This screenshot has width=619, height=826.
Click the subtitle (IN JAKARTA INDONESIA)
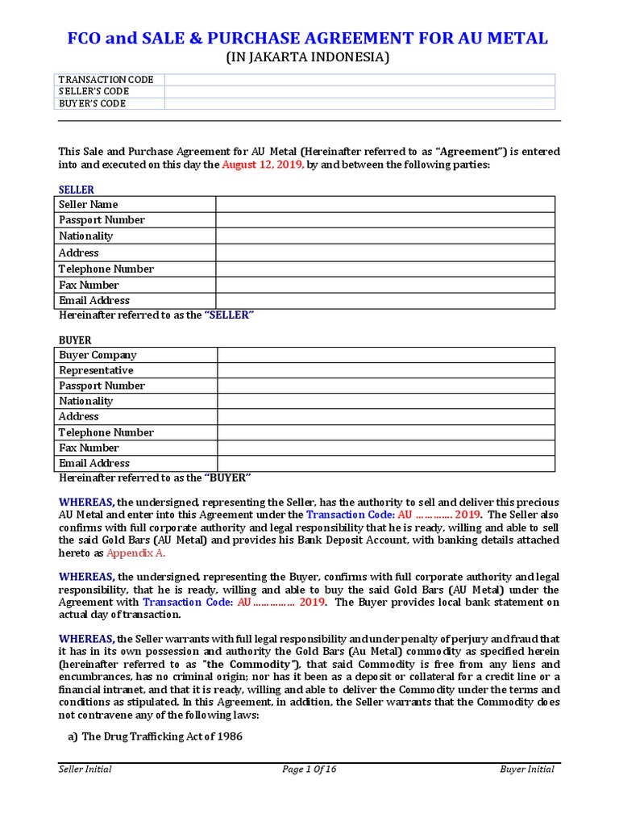[309, 57]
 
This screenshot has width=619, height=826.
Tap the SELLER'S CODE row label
[93, 91]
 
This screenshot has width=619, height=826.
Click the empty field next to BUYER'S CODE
[359, 103]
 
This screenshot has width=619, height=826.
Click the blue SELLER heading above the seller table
[77, 190]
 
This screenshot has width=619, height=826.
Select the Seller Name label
[89, 204]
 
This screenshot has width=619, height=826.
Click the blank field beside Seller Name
[384, 204]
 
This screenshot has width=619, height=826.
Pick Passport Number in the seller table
[102, 220]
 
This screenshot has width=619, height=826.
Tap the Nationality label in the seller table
[85, 236]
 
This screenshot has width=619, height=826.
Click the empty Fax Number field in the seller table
[384, 285]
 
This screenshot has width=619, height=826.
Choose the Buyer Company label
[98, 355]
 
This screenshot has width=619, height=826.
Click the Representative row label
[96, 370]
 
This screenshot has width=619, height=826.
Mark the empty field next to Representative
[384, 370]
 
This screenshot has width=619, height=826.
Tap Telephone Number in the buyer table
[106, 432]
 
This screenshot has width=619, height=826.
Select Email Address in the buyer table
[93, 463]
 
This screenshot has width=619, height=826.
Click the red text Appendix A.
[136, 553]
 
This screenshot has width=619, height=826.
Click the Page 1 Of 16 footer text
[309, 769]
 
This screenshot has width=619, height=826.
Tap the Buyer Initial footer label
[527, 769]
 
